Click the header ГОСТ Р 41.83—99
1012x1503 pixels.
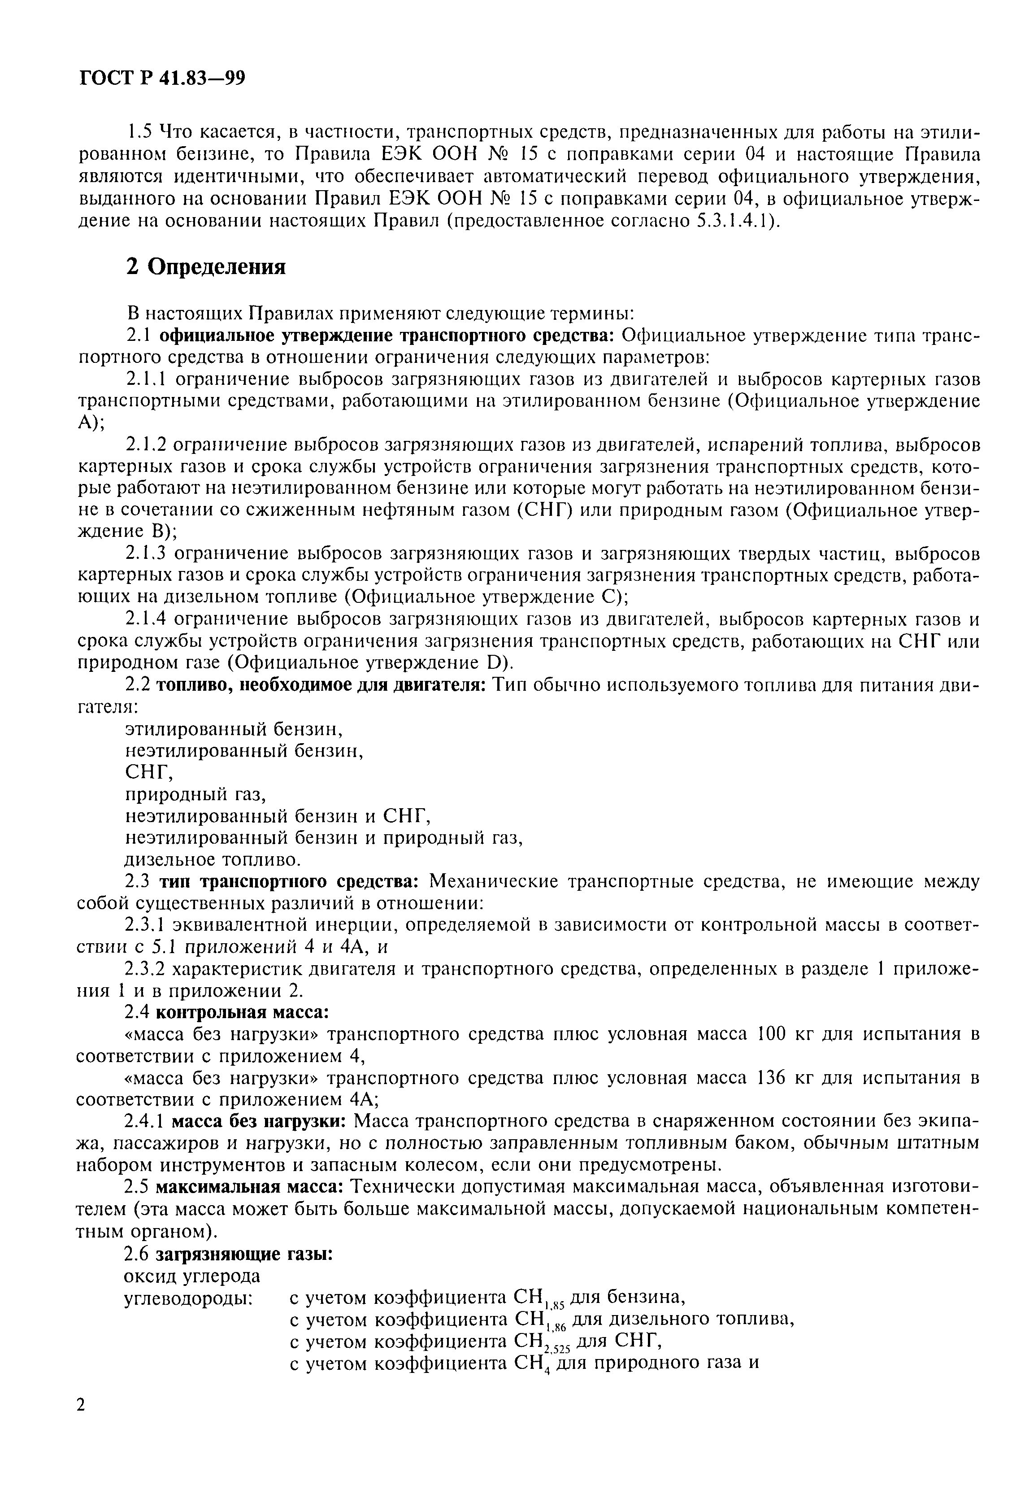coord(162,79)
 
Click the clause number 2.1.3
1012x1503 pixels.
coord(147,553)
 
